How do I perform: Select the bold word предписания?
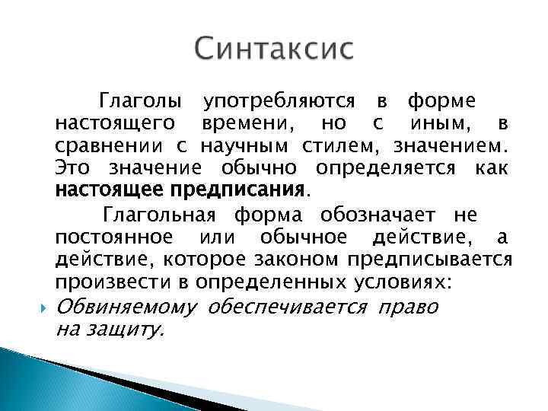(x=241, y=188)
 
